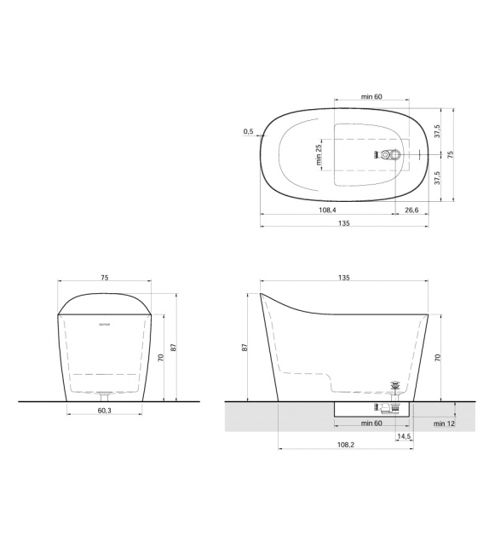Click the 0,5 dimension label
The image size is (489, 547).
(x=248, y=131)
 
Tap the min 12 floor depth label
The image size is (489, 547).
(x=443, y=423)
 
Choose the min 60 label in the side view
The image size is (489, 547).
(x=371, y=423)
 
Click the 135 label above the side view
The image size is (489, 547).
(x=344, y=277)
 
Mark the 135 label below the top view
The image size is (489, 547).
(x=344, y=223)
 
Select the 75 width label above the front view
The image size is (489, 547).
(x=105, y=277)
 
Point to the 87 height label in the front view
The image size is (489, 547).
(x=174, y=347)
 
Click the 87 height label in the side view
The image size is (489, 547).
(x=245, y=348)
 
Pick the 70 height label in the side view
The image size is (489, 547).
(x=438, y=359)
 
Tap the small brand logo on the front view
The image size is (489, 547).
(x=105, y=325)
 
